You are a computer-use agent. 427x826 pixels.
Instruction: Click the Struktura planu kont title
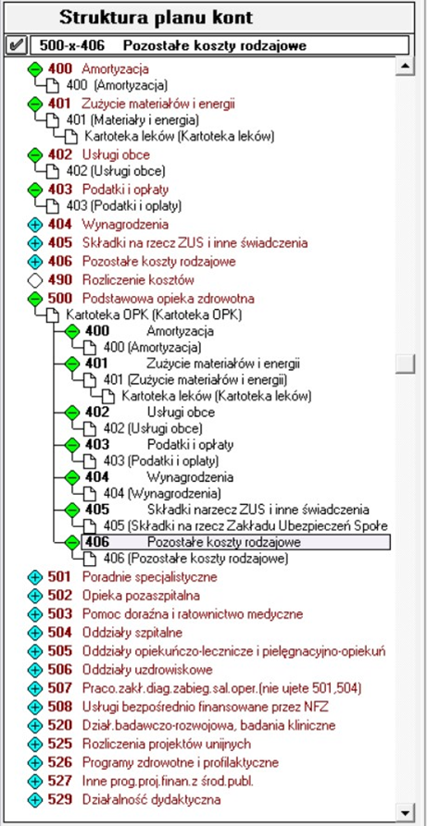click(x=156, y=18)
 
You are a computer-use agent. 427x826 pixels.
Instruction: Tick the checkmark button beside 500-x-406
click(x=16, y=45)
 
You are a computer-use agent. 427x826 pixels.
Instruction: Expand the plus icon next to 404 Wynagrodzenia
click(x=35, y=225)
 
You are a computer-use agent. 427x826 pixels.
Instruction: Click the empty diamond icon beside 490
click(x=35, y=279)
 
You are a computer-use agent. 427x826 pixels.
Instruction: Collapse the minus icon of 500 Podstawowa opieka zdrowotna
click(x=35, y=299)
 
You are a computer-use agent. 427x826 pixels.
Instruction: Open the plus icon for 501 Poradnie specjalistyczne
click(x=35, y=577)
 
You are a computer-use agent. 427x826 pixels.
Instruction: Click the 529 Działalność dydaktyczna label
click(x=134, y=800)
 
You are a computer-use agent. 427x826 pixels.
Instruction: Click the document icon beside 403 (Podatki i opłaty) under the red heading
click(x=53, y=205)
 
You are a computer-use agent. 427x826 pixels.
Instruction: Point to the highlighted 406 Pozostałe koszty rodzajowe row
click(x=235, y=542)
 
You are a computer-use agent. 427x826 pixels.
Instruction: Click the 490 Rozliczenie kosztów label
click(x=120, y=279)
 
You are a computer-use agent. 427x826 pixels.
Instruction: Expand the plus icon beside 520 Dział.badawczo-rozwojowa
click(x=35, y=725)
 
